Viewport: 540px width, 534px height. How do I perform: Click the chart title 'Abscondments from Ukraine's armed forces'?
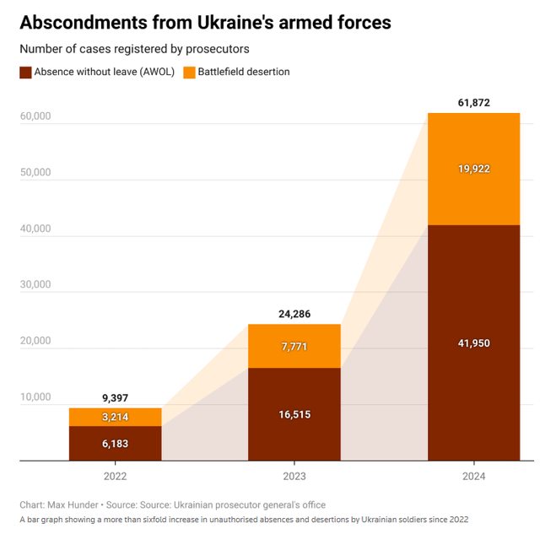206,23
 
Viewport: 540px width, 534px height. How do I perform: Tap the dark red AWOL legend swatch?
26,73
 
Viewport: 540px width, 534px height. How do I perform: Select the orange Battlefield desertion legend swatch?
189,73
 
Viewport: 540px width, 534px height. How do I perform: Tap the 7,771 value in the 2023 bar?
294,346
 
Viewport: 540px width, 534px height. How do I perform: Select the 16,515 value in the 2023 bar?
294,415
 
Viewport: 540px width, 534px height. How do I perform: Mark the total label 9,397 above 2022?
115,398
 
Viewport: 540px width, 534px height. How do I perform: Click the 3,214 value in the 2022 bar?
115,417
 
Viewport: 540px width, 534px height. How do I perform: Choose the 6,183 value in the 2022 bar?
115,444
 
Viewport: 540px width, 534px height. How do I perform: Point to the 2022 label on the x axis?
115,477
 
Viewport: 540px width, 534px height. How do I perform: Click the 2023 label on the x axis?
294,477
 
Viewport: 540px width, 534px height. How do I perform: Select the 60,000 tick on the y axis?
35,116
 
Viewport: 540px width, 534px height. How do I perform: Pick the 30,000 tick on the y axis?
35,285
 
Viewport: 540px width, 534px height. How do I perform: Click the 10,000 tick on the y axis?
35,397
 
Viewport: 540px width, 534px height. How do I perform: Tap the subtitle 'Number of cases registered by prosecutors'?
134,50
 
